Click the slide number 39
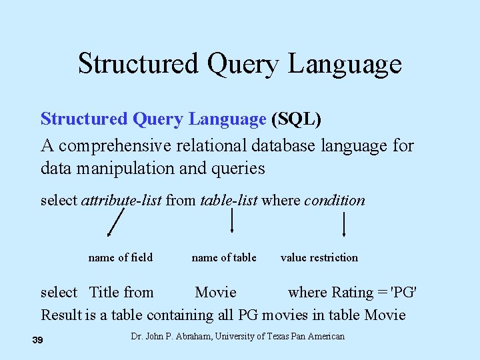(x=37, y=341)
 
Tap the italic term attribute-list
(x=121, y=201)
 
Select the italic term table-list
(x=229, y=201)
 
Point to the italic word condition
(x=335, y=201)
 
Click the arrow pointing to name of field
(x=116, y=222)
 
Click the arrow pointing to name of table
(x=231, y=221)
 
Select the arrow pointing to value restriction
(x=343, y=224)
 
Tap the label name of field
(x=120, y=257)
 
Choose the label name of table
(x=224, y=257)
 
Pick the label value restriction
(x=319, y=257)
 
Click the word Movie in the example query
(x=215, y=293)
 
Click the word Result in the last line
(x=61, y=315)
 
